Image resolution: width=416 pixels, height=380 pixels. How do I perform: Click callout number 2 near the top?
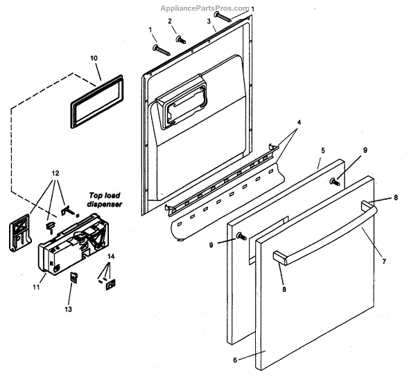coord(170,21)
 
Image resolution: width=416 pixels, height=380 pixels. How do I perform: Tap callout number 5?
coord(322,150)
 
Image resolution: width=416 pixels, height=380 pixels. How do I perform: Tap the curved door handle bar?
coord(326,229)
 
